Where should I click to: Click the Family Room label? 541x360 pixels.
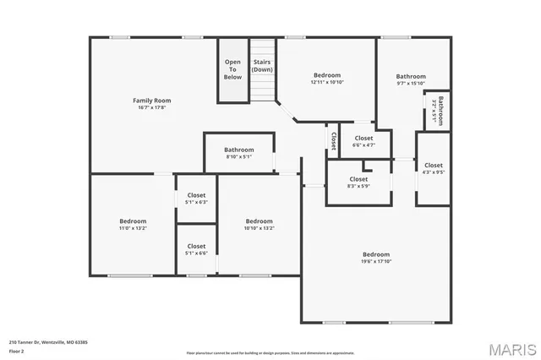tap(151, 101)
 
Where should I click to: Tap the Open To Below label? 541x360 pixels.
tap(232, 69)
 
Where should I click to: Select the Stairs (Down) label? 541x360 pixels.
tap(262, 66)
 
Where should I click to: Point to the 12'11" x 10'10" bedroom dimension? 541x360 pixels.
tap(327, 82)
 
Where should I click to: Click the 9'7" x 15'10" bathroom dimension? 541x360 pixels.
tap(411, 83)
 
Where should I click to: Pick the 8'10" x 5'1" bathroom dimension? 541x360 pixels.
tap(239, 156)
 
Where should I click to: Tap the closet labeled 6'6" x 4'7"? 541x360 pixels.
tap(363, 145)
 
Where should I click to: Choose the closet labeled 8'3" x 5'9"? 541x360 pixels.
tap(358, 186)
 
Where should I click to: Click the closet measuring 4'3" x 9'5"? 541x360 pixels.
tap(433, 172)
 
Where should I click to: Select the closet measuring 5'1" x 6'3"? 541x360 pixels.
tap(196, 202)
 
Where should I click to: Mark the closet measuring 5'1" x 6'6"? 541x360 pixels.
tap(196, 254)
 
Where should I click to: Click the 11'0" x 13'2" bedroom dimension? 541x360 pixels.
tap(133, 228)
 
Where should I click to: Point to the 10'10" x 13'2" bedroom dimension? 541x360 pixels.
tap(260, 228)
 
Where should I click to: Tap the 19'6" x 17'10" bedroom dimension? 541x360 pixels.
tap(376, 261)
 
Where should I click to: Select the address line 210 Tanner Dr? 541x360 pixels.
tap(48, 342)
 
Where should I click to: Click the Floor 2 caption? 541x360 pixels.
tap(16, 351)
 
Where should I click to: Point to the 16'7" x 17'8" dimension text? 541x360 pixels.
tap(151, 107)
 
